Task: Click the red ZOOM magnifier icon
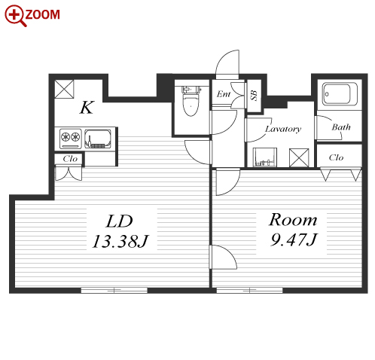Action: click(x=15, y=16)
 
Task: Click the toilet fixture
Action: click(x=191, y=101)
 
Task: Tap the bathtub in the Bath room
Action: click(x=340, y=94)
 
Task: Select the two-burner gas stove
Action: click(x=71, y=139)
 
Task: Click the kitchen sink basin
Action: click(x=98, y=139)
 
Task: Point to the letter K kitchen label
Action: click(x=87, y=107)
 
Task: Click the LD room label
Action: click(x=119, y=221)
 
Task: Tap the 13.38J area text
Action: click(x=120, y=242)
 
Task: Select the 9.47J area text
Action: click(x=294, y=239)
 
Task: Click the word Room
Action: click(x=293, y=220)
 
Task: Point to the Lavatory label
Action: click(x=283, y=129)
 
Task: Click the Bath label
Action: click(x=341, y=127)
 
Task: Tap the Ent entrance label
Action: click(x=224, y=94)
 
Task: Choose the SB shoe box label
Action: click(x=254, y=96)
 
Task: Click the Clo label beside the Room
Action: click(x=336, y=157)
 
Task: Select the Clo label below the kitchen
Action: click(x=70, y=159)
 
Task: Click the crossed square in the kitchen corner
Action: click(x=64, y=89)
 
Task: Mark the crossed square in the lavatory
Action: click(x=299, y=158)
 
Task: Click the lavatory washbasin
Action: click(x=265, y=157)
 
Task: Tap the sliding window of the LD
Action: click(x=114, y=291)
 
